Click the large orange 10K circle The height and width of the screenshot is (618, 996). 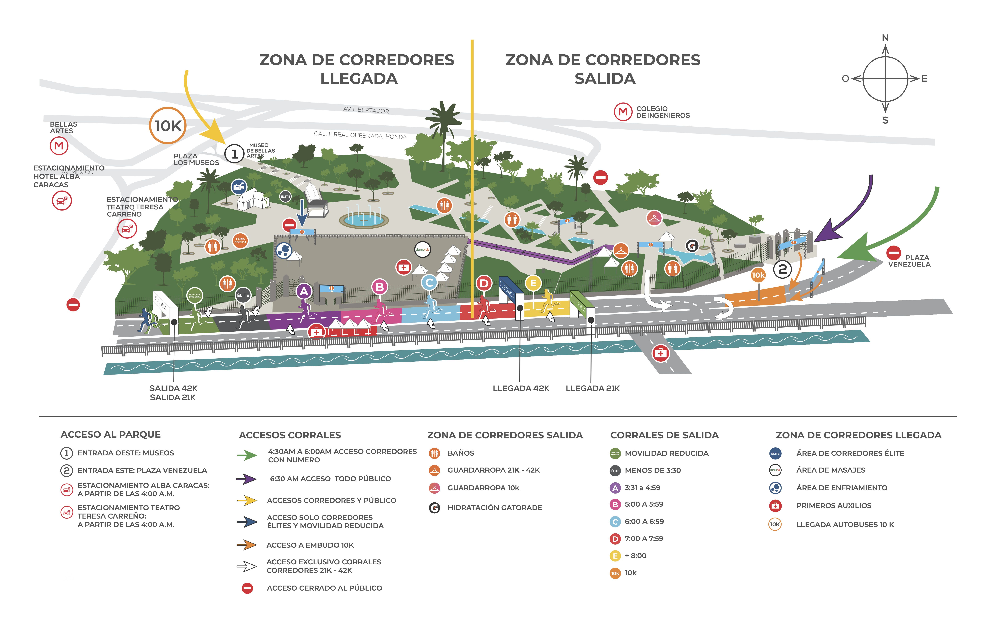point(168,125)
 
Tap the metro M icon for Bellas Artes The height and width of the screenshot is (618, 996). point(59,146)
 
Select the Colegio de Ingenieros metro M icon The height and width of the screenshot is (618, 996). point(623,112)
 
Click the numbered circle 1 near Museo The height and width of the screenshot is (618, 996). point(234,154)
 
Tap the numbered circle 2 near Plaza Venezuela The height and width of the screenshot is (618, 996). point(782,269)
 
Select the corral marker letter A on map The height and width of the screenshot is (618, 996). point(304,291)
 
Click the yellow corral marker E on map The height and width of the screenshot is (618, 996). point(533,283)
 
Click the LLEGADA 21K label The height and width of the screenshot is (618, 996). point(593,388)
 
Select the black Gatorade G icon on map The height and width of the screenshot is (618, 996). point(691,246)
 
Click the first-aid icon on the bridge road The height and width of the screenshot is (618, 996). point(660,353)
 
